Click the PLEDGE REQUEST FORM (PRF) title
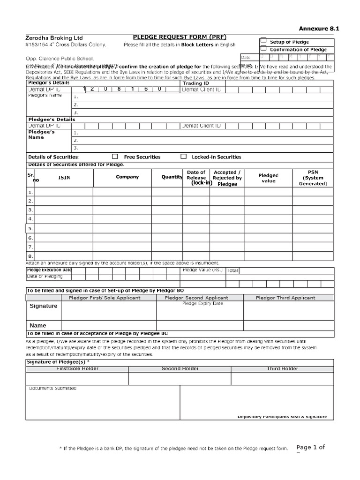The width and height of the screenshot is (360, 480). tap(173, 37)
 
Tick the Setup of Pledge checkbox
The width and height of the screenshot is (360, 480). tap(263, 41)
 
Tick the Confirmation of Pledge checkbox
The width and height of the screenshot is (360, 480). tap(263, 48)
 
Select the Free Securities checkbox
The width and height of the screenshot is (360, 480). tap(115, 157)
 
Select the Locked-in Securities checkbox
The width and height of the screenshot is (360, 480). tap(183, 157)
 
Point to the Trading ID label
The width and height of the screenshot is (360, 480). tap(195, 83)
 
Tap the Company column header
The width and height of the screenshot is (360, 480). tap(127, 177)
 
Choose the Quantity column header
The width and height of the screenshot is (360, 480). tap(172, 177)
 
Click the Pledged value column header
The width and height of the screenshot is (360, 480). tap(269, 178)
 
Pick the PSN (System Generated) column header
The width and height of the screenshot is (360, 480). tap(313, 178)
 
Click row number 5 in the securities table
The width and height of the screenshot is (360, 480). tap(30, 229)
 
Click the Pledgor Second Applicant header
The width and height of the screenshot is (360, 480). tap(196, 298)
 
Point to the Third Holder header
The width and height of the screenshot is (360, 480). tap(283, 368)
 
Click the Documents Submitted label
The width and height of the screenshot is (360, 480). tap(52, 388)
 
